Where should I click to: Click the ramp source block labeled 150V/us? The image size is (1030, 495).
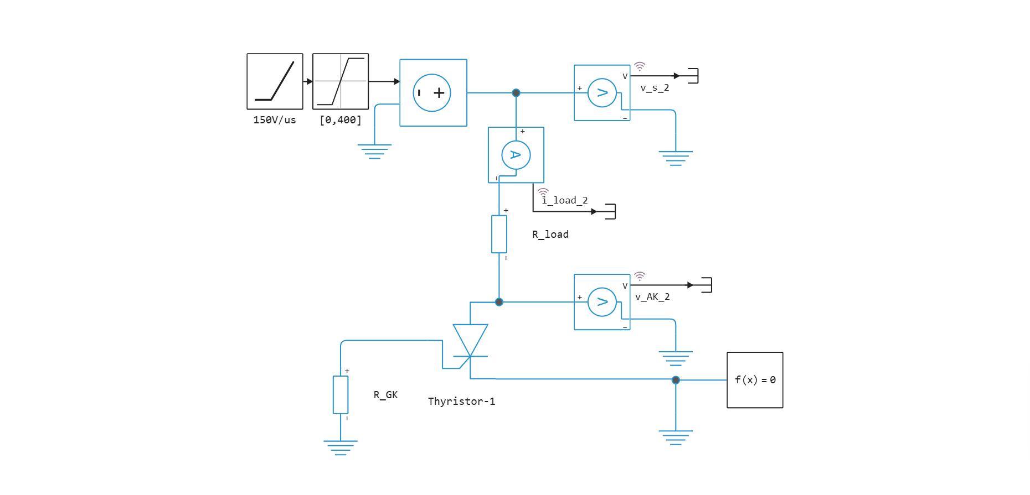(x=275, y=81)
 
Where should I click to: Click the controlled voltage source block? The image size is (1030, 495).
(x=433, y=93)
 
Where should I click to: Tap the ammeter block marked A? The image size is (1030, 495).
(x=516, y=155)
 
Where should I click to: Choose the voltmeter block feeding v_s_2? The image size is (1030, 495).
(x=602, y=93)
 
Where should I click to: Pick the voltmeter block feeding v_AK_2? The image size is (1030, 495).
(x=602, y=302)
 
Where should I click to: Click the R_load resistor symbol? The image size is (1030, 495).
(x=499, y=234)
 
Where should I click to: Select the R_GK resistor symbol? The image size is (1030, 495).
(x=340, y=394)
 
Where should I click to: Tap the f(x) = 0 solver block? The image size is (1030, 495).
(x=755, y=380)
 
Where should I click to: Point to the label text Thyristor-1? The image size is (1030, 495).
(x=461, y=401)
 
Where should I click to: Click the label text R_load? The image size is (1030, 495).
(x=550, y=234)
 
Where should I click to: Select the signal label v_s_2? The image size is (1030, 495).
(x=655, y=87)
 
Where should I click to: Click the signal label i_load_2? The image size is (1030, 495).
(x=565, y=200)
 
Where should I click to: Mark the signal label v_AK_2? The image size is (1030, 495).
(x=652, y=297)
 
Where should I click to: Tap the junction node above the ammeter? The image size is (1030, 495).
(x=516, y=93)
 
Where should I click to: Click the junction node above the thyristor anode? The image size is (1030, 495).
(x=499, y=302)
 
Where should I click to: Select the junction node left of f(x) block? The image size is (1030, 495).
(x=676, y=380)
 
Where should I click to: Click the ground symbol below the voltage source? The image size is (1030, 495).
(x=374, y=151)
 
